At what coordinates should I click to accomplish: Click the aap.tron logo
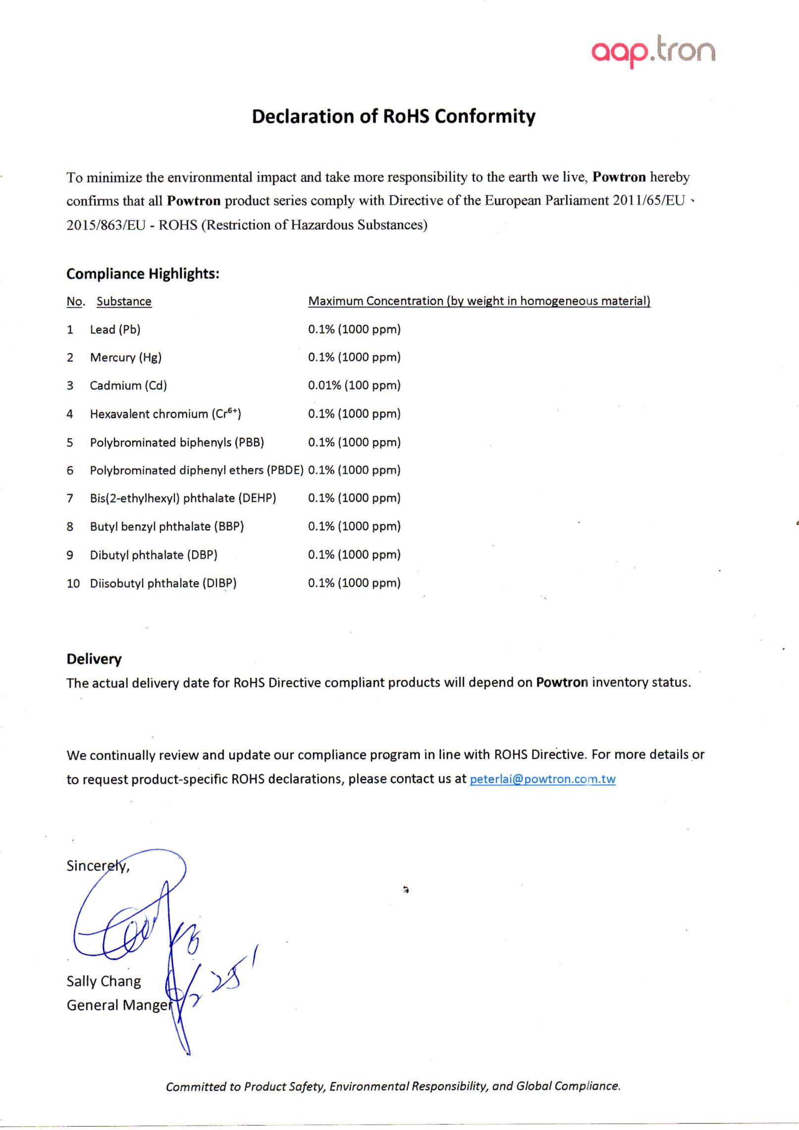[653, 51]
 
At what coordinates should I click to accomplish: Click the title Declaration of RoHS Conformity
[393, 116]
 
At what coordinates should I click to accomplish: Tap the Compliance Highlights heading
[143, 273]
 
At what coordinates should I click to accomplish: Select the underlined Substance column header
[124, 301]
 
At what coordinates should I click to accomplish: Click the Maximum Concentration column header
[479, 301]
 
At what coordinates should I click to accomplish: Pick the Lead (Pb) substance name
[115, 329]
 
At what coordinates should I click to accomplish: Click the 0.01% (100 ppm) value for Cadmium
[354, 385]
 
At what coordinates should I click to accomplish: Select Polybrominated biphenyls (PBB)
[177, 442]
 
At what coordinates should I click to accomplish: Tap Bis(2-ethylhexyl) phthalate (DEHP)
[183, 498]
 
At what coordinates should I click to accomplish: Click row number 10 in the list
[73, 583]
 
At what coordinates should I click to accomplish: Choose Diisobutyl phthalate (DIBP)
[163, 583]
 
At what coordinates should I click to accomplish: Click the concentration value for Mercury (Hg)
[354, 357]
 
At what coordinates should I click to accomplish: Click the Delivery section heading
[94, 659]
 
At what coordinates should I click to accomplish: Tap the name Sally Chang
[104, 981]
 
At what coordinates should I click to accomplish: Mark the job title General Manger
[119, 1005]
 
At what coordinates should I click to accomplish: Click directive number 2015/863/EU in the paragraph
[106, 225]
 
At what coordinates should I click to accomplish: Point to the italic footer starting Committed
[393, 1086]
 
